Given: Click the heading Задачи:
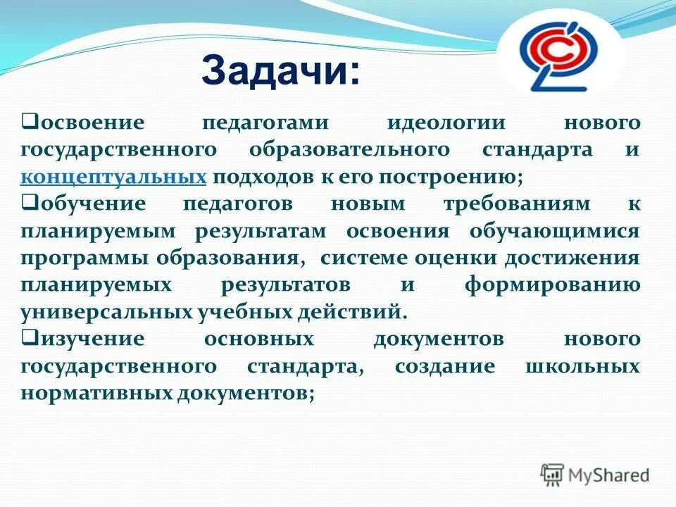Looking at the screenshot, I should click(280, 72).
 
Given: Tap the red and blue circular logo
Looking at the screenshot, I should click(561, 58).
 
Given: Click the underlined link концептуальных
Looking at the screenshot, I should click(113, 177).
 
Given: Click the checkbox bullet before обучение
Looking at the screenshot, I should click(28, 203).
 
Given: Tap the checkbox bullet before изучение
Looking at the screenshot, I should click(28, 338).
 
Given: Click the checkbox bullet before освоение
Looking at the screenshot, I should click(28, 122).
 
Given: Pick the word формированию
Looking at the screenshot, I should click(553, 285).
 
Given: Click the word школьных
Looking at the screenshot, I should click(582, 367).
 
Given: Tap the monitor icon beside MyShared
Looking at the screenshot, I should click(553, 475).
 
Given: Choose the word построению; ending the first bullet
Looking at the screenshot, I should click(455, 177).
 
